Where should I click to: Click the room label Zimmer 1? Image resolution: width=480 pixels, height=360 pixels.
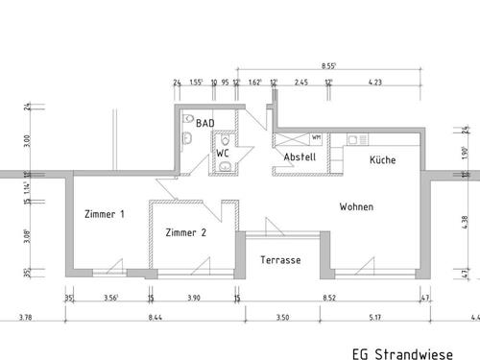105,215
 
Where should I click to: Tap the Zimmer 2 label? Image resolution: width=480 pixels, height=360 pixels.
186,232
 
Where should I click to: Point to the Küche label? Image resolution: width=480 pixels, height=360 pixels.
382,160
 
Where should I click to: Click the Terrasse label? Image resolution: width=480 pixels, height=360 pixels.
281,260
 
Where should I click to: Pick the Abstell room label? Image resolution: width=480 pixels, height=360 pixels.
300,157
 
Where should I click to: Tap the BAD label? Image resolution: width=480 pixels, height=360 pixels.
204,124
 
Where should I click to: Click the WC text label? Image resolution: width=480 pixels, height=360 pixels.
222,153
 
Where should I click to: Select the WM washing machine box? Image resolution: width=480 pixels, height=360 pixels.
316,138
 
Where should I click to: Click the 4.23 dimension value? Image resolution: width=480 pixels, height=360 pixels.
374,84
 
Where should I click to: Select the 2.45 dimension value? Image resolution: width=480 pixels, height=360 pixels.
300,84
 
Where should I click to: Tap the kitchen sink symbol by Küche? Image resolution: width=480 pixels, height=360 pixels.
355,139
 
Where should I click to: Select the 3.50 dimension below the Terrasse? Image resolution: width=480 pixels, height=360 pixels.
281,318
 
